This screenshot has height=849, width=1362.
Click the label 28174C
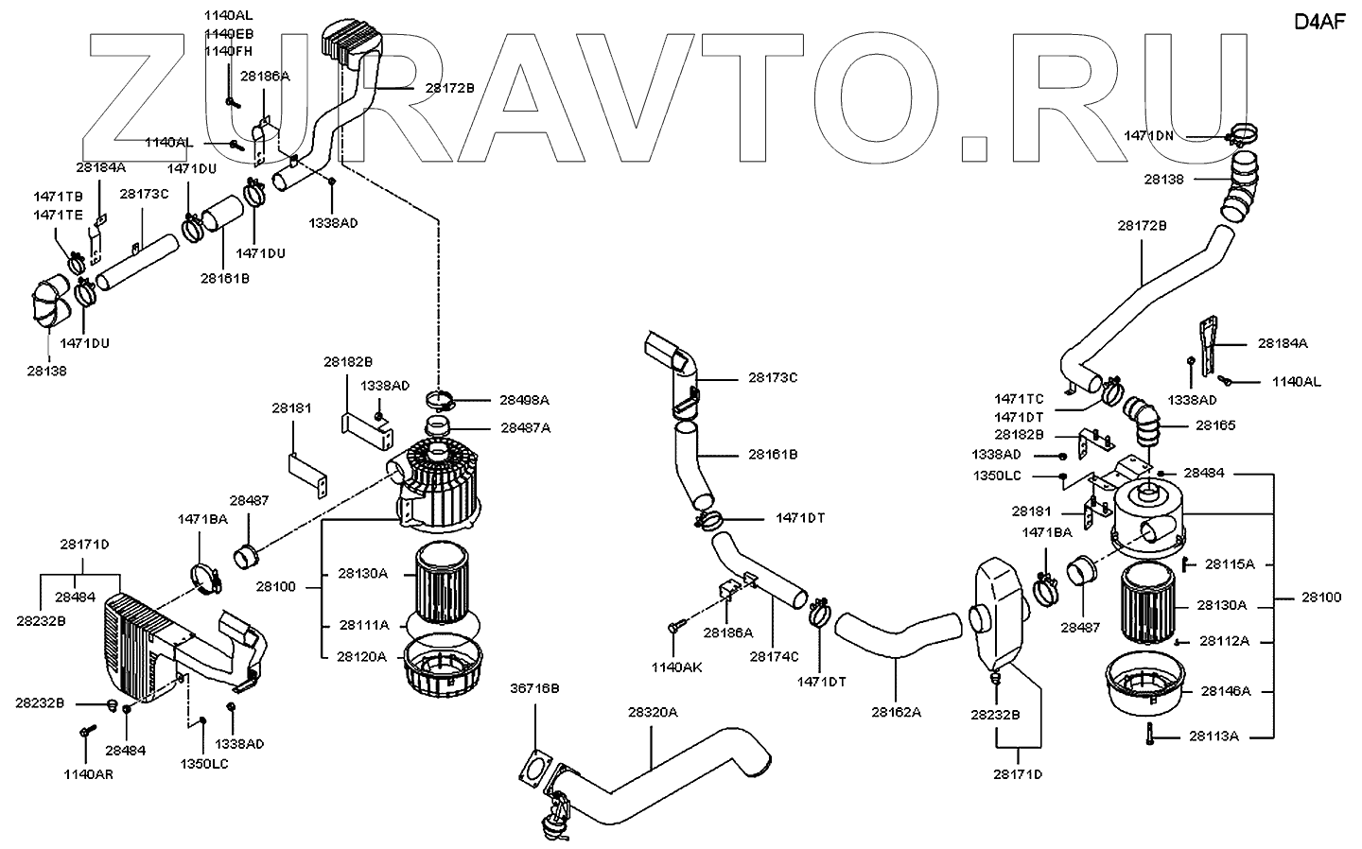click(x=775, y=656)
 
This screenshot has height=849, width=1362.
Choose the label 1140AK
click(x=676, y=667)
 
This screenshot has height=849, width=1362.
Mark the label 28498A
click(x=525, y=400)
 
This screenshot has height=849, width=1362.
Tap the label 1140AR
click(x=88, y=774)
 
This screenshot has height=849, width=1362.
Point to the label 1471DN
click(x=1149, y=135)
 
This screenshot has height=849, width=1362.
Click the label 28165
click(x=1215, y=425)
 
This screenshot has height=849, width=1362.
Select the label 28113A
click(x=1214, y=736)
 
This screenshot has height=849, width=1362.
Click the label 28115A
click(x=1230, y=564)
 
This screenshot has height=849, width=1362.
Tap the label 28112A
click(x=1224, y=641)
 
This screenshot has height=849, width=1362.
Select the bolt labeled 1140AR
click(x=88, y=731)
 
